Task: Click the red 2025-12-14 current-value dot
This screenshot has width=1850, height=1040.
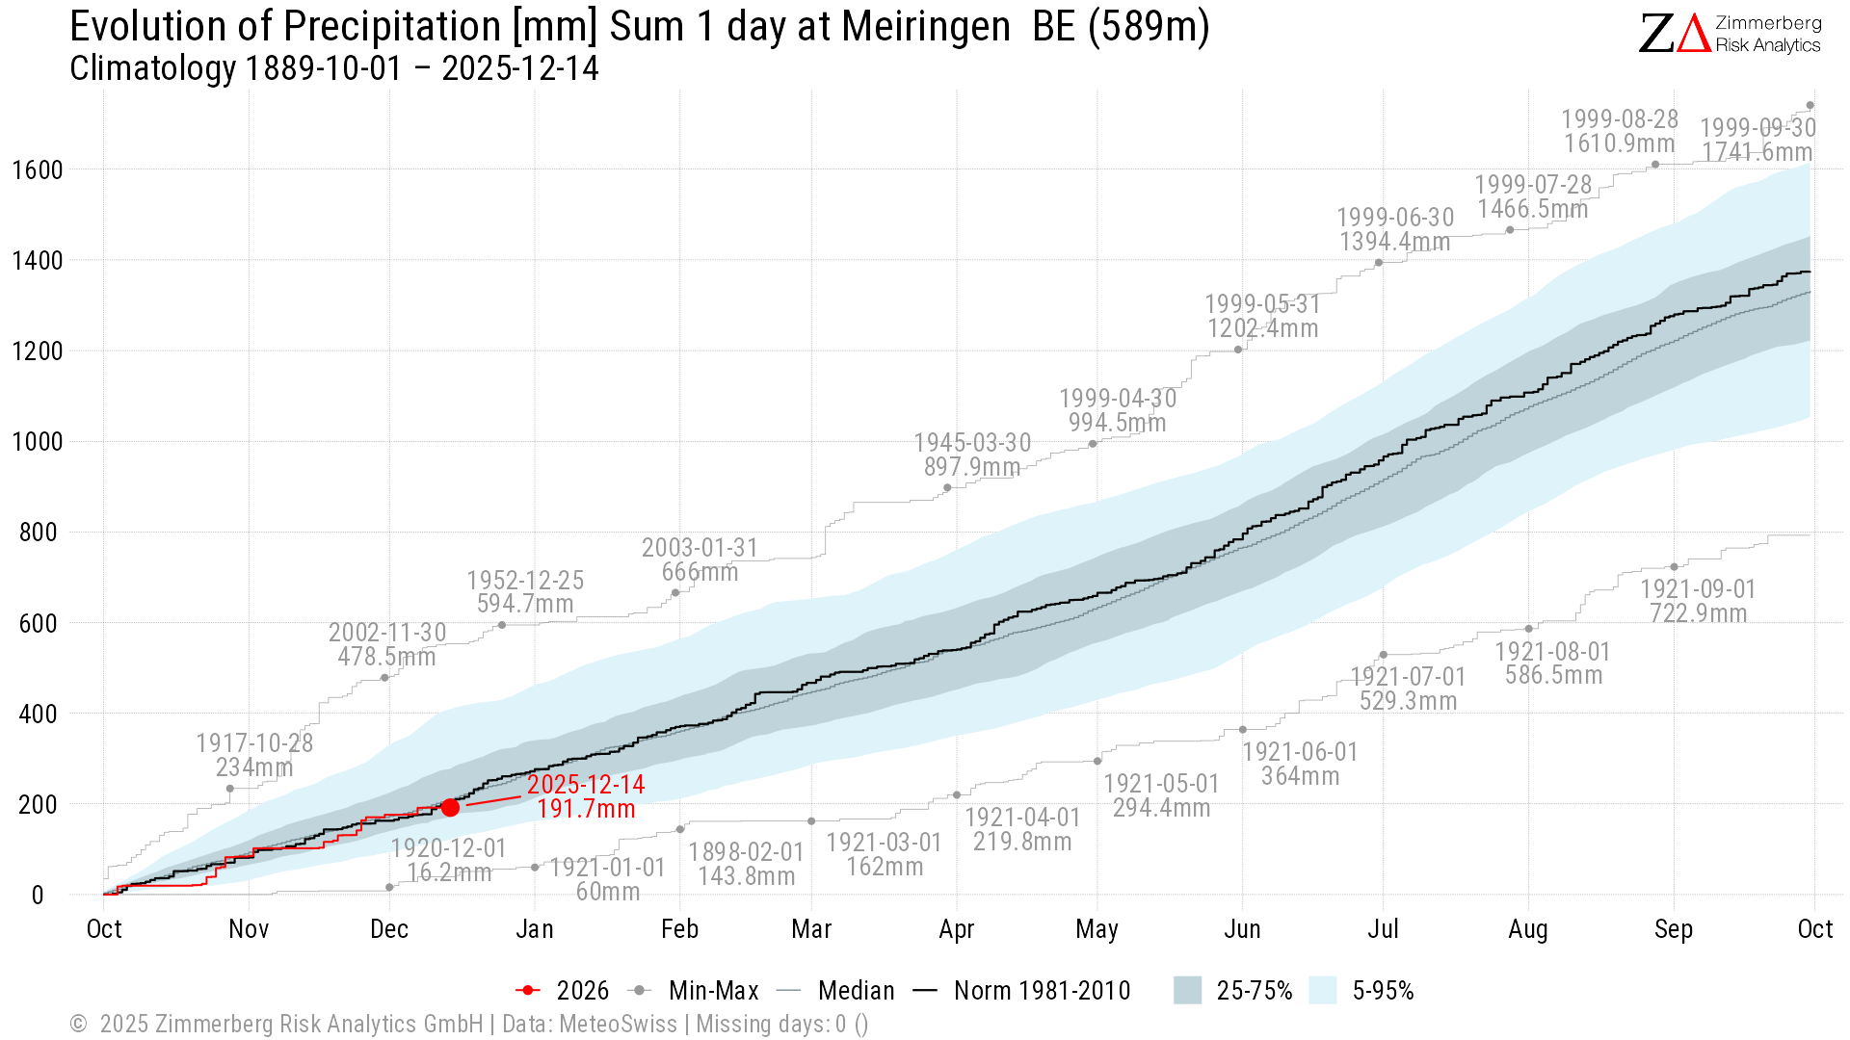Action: point(450,807)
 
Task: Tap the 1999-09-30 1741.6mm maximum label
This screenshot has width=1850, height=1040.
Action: point(1757,141)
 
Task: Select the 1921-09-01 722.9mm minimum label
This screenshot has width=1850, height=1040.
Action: point(1698,601)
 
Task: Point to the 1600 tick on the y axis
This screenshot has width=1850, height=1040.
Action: point(38,170)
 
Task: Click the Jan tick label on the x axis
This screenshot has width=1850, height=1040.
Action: point(535,929)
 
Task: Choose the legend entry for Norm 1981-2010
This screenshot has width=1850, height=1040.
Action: point(1042,991)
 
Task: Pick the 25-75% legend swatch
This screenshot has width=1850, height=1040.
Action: point(1188,991)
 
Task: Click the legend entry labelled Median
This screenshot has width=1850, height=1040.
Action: point(856,991)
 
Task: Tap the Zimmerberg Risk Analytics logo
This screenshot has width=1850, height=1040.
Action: point(1730,34)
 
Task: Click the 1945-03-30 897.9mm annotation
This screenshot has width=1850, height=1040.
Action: point(972,455)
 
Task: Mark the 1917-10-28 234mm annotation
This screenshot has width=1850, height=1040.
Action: point(254,755)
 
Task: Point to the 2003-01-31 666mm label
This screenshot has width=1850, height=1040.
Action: point(700,559)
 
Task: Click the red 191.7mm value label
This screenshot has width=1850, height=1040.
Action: point(586,809)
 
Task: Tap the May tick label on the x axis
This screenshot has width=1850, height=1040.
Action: point(1097,929)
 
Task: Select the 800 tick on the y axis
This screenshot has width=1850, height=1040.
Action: point(38,533)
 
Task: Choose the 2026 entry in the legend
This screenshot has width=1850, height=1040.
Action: point(582,991)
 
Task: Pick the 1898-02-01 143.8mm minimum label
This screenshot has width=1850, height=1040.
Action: point(746,864)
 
